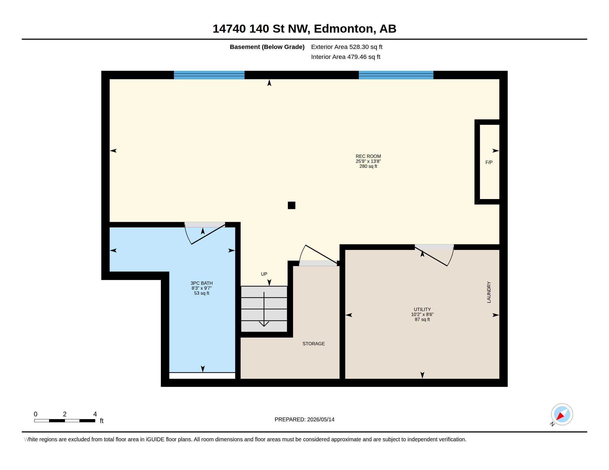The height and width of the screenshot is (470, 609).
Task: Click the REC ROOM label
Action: pyautogui.click(x=368, y=156)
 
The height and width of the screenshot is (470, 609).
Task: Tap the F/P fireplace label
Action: pyautogui.click(x=489, y=162)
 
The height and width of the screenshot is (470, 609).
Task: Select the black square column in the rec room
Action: pyautogui.click(x=291, y=205)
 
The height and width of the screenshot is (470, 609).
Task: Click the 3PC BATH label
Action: pyautogui.click(x=202, y=283)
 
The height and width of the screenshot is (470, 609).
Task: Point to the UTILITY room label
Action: pyautogui.click(x=422, y=309)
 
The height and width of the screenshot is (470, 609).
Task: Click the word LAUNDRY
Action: pyautogui.click(x=489, y=292)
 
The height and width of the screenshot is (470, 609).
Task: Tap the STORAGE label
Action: pyautogui.click(x=313, y=344)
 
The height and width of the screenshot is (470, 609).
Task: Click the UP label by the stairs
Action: pyautogui.click(x=264, y=274)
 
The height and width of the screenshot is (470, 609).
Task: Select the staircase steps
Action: pyautogui.click(x=264, y=309)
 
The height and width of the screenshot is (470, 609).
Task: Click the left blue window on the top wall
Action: pyautogui.click(x=209, y=75)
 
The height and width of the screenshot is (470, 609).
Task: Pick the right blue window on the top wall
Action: pyautogui.click(x=396, y=75)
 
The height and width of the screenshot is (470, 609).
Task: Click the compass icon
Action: pyautogui.click(x=562, y=414)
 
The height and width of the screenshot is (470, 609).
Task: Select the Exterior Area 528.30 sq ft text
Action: pyautogui.click(x=347, y=47)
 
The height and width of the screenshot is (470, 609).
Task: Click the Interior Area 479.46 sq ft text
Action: pyautogui.click(x=345, y=57)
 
